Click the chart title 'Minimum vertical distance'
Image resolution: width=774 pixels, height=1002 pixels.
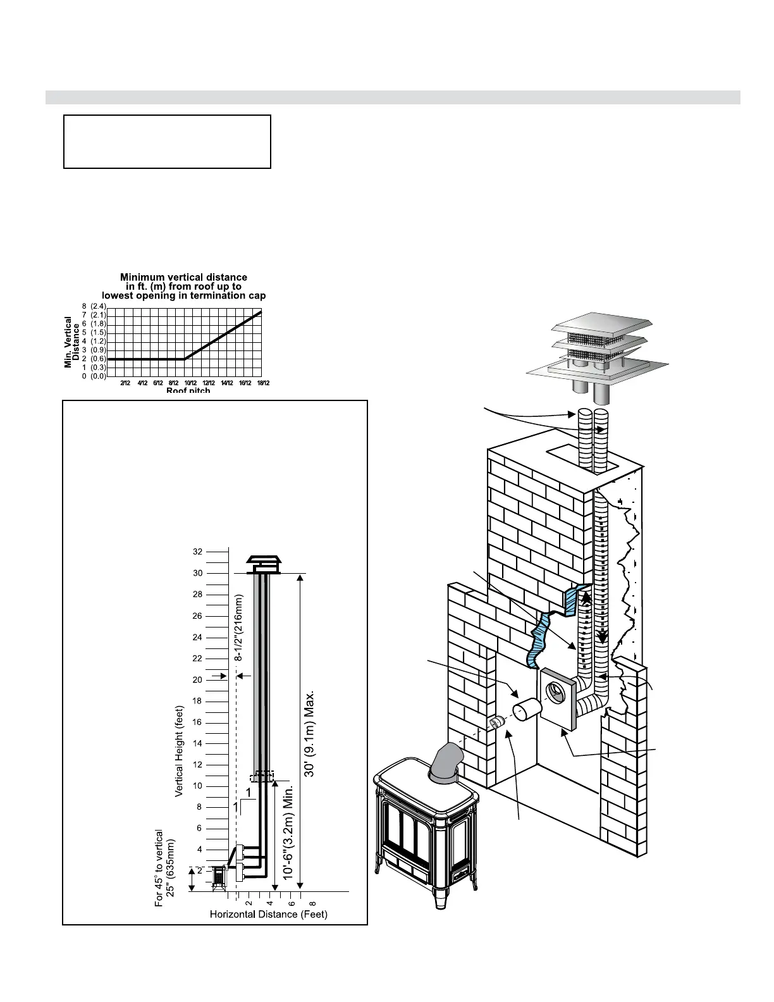point(183,277)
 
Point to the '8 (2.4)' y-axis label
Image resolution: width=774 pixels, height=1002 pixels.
point(94,306)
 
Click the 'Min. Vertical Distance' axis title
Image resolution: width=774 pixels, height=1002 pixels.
point(71,342)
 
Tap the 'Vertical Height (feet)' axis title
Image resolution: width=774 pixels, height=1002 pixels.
point(179,751)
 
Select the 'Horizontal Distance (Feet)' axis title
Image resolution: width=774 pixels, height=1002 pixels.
point(269,914)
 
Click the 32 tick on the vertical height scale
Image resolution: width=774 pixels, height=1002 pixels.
point(198,552)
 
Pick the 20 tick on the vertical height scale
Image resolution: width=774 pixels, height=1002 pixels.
point(198,680)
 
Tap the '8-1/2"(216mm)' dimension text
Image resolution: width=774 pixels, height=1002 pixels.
point(239,628)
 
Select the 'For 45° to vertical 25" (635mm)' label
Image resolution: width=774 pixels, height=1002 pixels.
point(164,869)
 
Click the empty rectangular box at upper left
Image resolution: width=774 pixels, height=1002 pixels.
point(167,142)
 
